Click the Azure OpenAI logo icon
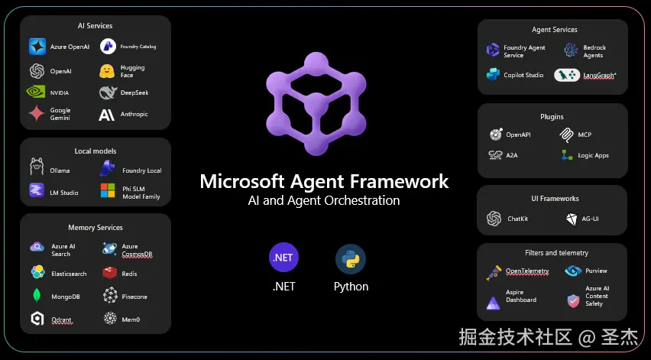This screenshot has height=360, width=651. click(37, 47)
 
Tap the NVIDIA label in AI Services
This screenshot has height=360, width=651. click(60, 92)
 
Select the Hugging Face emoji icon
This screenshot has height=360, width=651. click(107, 71)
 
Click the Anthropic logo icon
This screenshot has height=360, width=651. click(107, 115)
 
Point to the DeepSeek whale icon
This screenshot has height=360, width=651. click(107, 92)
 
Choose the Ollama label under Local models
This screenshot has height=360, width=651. click(60, 170)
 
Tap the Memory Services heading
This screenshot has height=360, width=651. click(96, 228)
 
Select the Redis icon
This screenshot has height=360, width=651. click(109, 273)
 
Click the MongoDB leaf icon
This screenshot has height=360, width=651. click(37, 296)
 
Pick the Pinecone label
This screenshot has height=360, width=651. click(134, 297)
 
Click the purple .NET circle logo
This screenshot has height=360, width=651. click(283, 258)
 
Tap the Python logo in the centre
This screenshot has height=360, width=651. click(351, 259)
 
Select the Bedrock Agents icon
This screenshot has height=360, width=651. click(570, 51)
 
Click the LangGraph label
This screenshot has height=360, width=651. click(601, 75)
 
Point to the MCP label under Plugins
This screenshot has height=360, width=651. click(585, 135)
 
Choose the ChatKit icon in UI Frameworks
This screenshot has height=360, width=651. click(494, 219)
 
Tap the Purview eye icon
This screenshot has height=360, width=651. click(573, 271)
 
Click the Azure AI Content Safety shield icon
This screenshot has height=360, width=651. click(573, 301)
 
